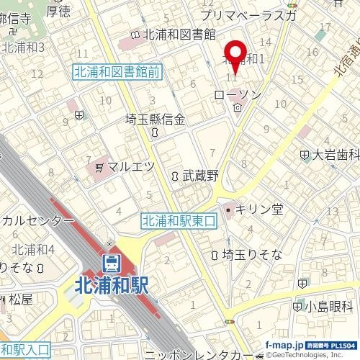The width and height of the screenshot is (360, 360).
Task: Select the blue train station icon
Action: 111,262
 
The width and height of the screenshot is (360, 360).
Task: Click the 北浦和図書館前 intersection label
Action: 116,71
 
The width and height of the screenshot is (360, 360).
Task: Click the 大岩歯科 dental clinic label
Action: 330,154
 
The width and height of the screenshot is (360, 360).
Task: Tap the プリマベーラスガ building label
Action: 248,14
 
